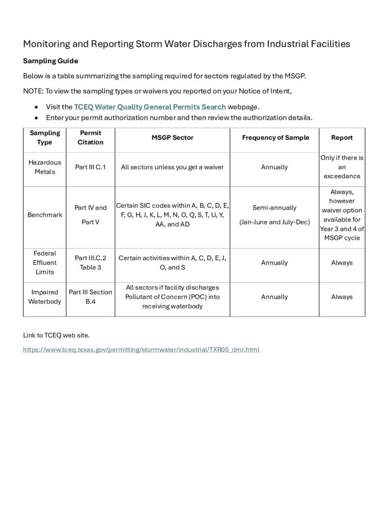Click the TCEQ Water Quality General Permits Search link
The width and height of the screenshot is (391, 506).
[150, 107]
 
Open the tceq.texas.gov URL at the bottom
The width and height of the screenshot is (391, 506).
[142, 350]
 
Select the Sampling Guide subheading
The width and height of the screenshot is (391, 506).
[50, 61]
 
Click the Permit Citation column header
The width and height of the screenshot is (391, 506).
[91, 137]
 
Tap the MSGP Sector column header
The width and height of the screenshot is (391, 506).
[173, 137]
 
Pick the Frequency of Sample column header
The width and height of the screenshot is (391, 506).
[275, 137]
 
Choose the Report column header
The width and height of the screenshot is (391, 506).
[342, 137]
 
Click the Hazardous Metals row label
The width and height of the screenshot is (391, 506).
[45, 167]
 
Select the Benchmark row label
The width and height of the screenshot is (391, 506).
[45, 215]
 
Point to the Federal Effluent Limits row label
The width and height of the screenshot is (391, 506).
[45, 263]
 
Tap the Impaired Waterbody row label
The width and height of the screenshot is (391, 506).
[45, 297]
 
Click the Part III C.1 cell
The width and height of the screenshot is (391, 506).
[91, 167]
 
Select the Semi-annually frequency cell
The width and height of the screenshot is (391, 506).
[274, 208]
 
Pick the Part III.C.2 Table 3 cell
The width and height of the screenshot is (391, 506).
[91, 263]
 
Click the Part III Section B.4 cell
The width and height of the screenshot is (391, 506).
[91, 297]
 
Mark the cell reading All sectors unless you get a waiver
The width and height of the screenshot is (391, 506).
[173, 167]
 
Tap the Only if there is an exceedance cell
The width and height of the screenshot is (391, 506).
[342, 167]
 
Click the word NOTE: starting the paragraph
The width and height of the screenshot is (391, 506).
[33, 91]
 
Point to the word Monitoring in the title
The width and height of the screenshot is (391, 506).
[48, 44]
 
